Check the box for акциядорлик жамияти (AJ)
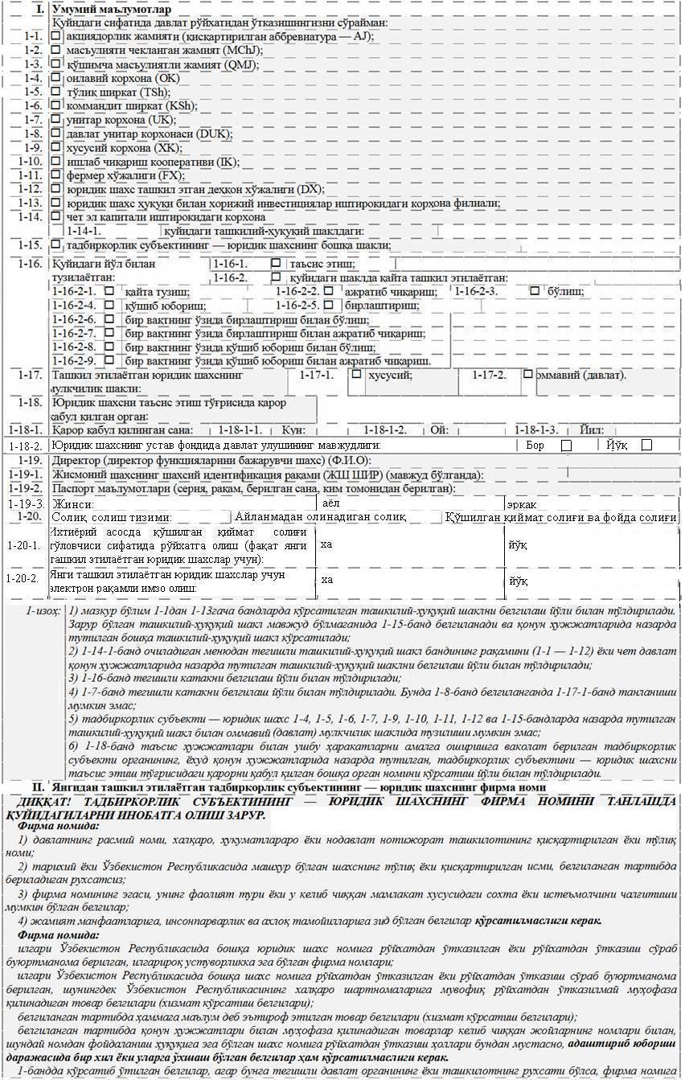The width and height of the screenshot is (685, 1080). click(55, 36)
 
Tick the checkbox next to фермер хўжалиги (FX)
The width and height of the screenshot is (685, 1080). click(55, 175)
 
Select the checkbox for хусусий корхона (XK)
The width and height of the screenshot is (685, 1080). click(55, 147)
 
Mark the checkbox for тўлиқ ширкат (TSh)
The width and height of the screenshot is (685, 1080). click(55, 92)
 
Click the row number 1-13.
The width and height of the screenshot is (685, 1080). click(31, 203)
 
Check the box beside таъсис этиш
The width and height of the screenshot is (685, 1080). click(276, 263)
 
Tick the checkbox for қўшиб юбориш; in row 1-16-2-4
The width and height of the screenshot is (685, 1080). click(109, 306)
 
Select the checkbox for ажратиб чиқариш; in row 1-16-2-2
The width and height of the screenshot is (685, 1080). click(328, 291)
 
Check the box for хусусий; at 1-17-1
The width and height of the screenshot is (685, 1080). click(356, 374)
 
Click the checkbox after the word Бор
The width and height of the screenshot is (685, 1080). click(566, 445)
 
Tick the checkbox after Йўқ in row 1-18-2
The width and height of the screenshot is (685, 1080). click(646, 445)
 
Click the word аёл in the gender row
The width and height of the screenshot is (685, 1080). click(331, 503)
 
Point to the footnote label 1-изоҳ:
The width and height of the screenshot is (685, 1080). click(43, 611)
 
